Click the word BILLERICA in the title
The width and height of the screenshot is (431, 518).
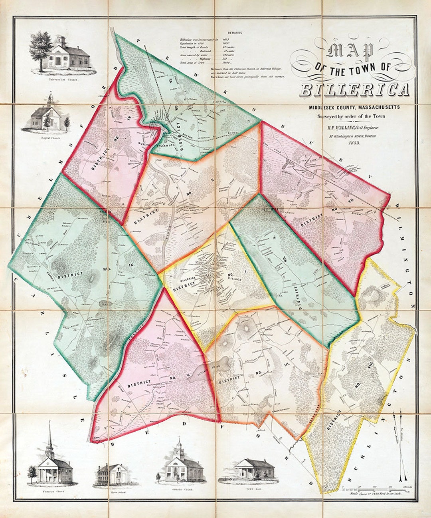tap(354, 90)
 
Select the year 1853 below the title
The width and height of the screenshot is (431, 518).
tap(354, 143)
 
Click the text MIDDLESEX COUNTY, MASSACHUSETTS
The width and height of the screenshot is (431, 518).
tap(354, 107)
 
